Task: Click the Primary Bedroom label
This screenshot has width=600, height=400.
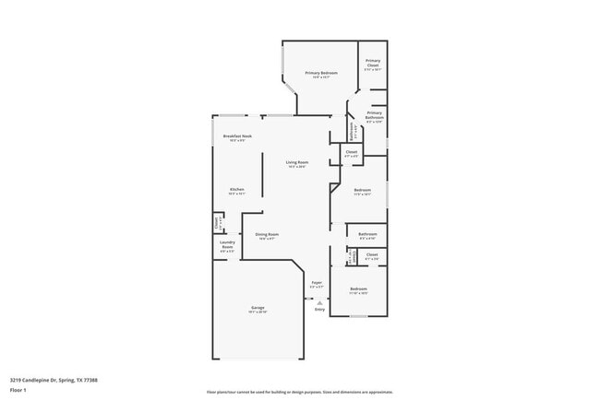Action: pyautogui.click(x=321, y=73)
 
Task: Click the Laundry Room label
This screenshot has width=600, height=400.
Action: pyautogui.click(x=227, y=245)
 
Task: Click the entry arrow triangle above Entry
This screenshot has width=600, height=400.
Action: pyautogui.click(x=319, y=301)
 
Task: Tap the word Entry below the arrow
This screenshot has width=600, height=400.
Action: pyautogui.click(x=319, y=310)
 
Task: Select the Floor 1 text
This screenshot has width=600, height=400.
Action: pyautogui.click(x=18, y=390)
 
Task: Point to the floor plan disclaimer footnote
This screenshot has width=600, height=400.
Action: pyautogui.click(x=299, y=391)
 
